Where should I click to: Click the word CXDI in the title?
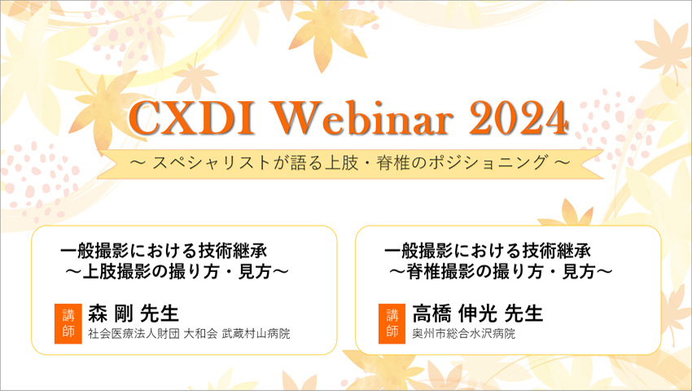click(x=192, y=118)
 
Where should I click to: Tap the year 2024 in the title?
click(x=518, y=118)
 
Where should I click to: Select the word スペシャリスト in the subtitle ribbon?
click(x=212, y=163)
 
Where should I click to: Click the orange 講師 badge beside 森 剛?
click(x=68, y=324)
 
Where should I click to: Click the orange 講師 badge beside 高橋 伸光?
click(x=392, y=324)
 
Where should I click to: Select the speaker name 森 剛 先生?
click(x=134, y=314)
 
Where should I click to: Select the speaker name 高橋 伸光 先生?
click(x=478, y=314)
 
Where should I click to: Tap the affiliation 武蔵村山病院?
click(x=256, y=333)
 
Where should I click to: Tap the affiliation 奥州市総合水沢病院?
click(x=464, y=333)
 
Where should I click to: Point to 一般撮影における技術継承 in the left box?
click(x=164, y=251)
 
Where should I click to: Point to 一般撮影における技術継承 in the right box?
click(x=488, y=251)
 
